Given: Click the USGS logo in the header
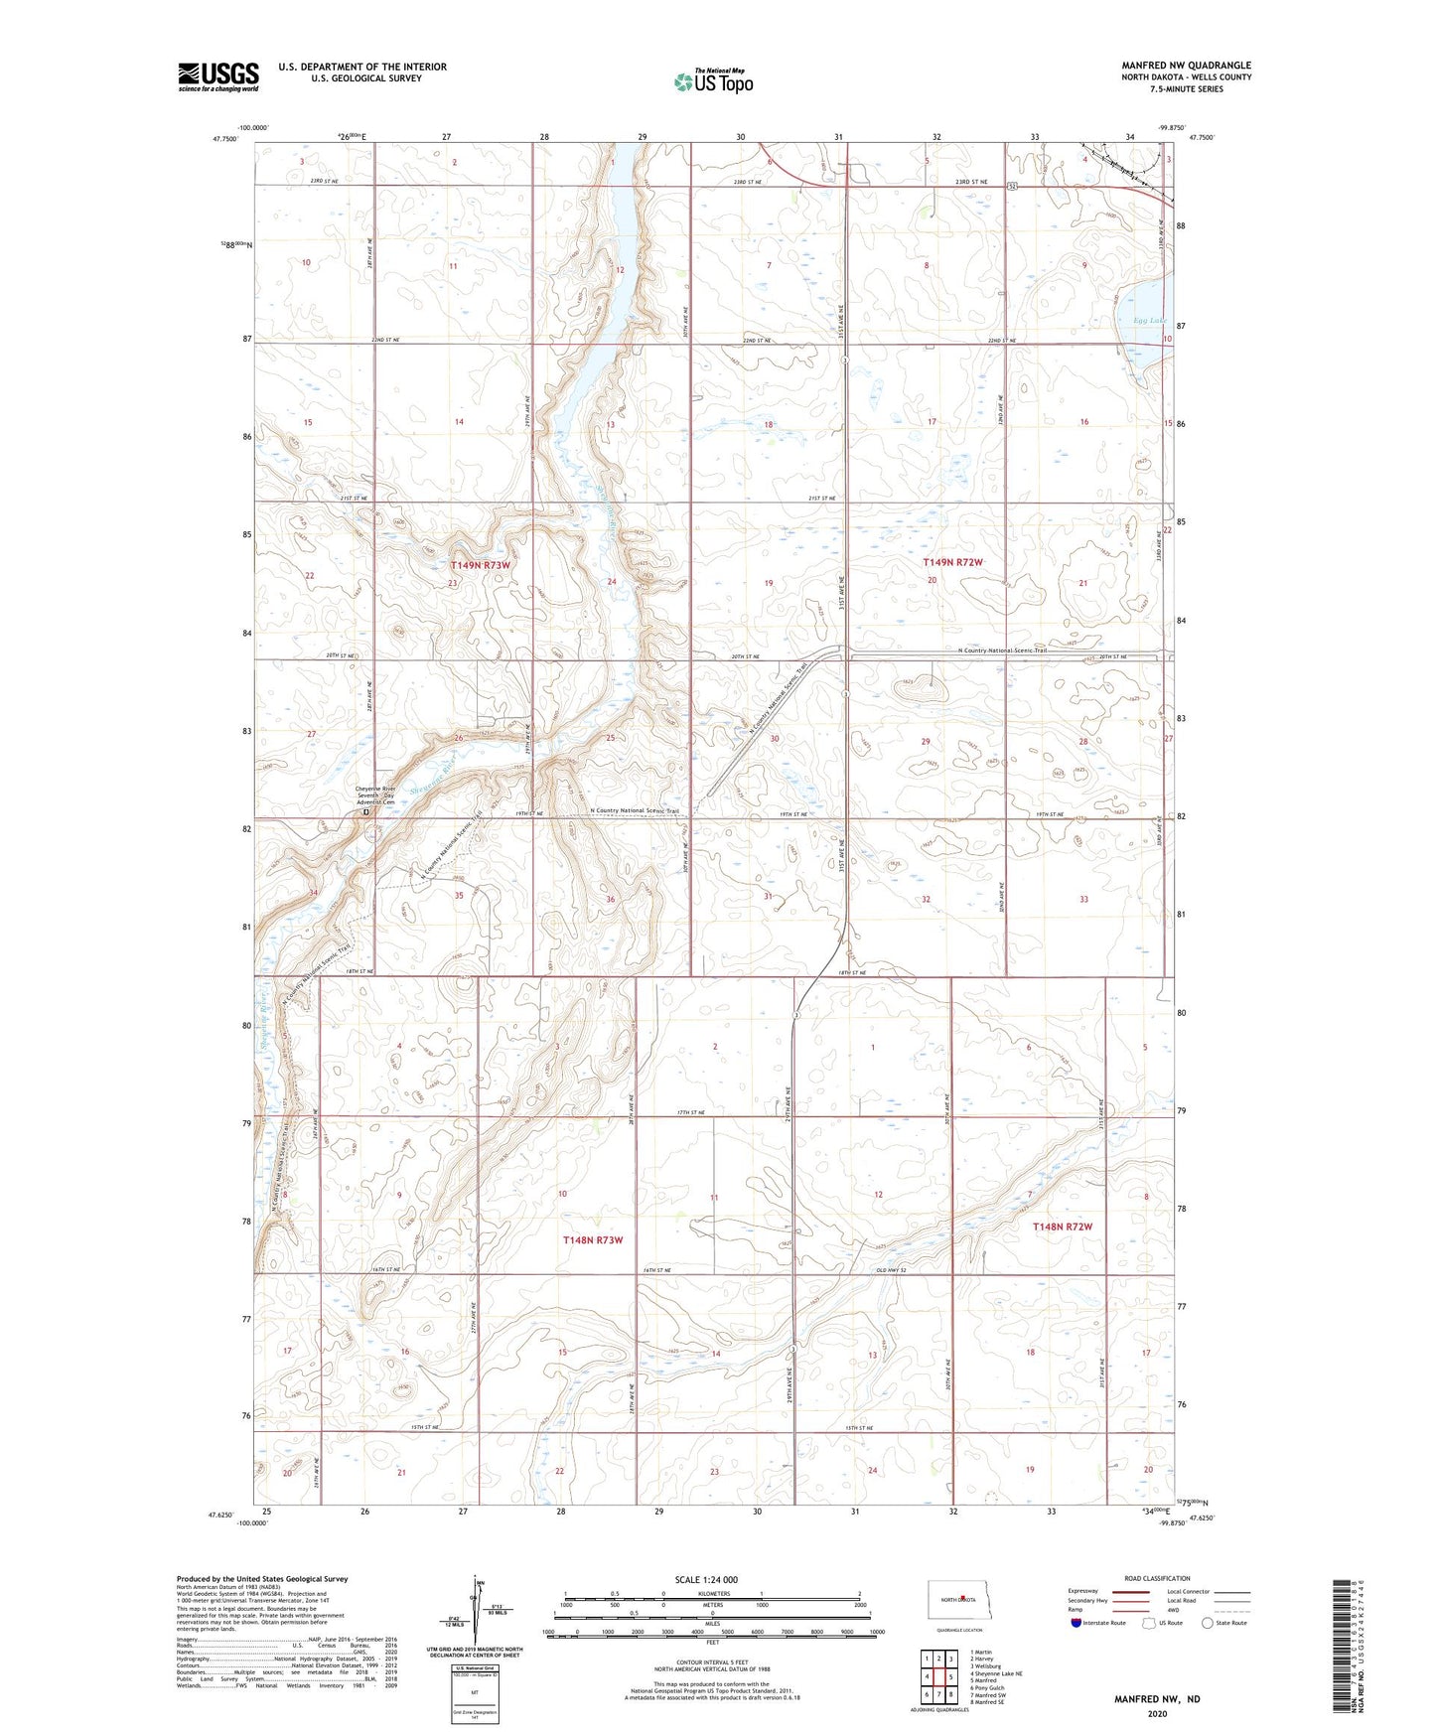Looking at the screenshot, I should [217, 75].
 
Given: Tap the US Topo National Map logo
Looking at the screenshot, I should [712, 80].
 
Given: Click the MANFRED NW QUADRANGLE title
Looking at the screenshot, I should [1186, 66].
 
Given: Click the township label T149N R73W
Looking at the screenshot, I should [480, 565].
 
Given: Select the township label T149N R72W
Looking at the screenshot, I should [952, 562].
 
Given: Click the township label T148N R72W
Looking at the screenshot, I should [1062, 1227].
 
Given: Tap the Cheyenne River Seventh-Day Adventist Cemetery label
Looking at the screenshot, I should [376, 796].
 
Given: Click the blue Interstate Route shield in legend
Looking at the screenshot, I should [1076, 1623].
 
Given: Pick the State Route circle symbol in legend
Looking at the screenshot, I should [1208, 1623].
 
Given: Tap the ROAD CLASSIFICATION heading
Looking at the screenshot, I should [1157, 1578].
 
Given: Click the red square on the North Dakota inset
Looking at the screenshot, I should [962, 1598].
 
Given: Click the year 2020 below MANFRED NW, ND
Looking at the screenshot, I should [1157, 1713].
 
